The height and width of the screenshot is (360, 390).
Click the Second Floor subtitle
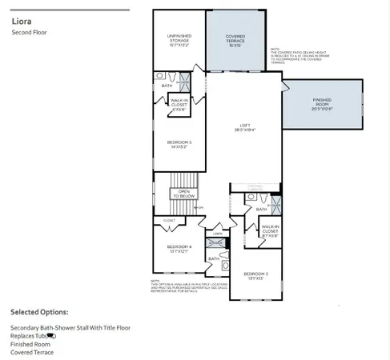(x=29, y=33)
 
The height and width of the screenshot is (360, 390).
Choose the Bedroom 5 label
(x=179, y=145)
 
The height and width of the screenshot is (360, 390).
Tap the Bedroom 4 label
(x=179, y=249)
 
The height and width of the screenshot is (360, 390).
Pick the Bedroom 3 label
(x=255, y=276)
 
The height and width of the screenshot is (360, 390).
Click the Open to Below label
(x=183, y=194)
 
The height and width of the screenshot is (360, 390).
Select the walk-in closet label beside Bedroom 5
(x=179, y=103)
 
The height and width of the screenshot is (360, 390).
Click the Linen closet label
(x=218, y=234)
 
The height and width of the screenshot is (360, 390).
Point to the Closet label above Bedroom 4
(x=169, y=220)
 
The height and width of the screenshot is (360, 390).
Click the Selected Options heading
(x=40, y=311)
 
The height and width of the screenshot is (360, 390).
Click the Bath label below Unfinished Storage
(x=167, y=86)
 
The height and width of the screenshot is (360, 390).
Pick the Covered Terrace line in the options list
(x=32, y=353)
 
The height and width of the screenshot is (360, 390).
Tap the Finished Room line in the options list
(x=29, y=345)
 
